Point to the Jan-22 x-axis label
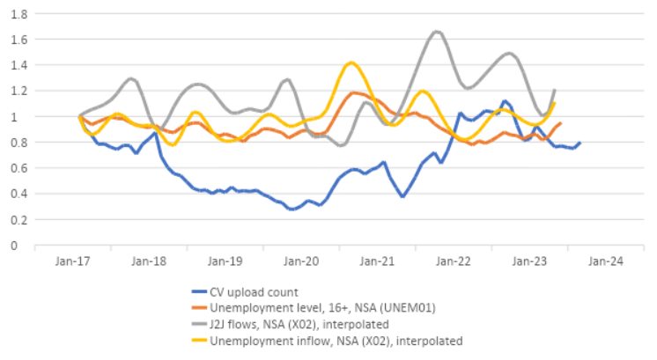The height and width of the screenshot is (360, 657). pyautogui.click(x=455, y=261)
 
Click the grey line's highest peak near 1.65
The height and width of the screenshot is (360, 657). pyautogui.click(x=437, y=32)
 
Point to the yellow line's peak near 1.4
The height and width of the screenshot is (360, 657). pyautogui.click(x=351, y=62)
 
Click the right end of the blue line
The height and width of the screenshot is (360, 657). pyautogui.click(x=579, y=143)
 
